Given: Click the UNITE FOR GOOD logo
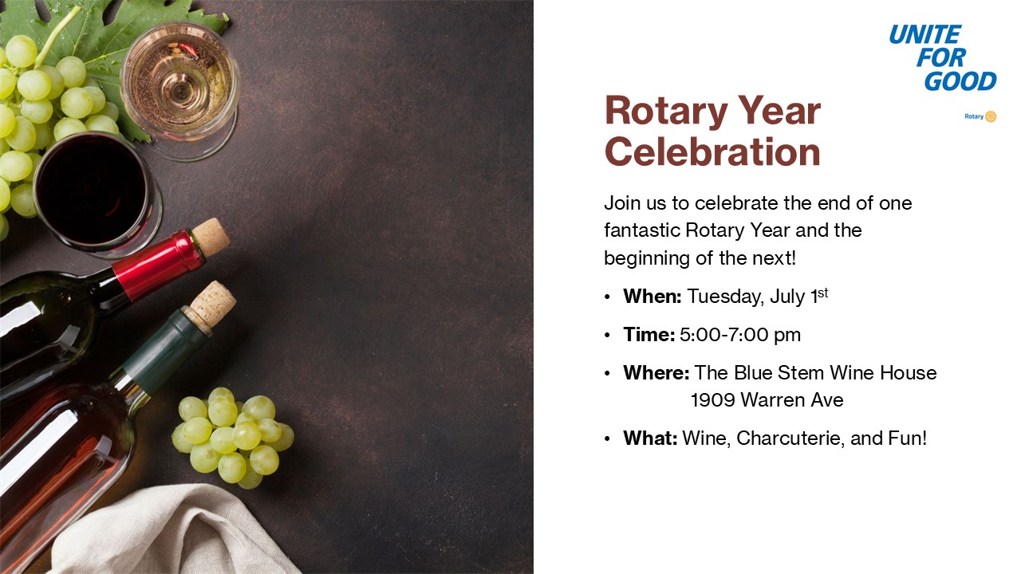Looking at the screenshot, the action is pyautogui.click(x=943, y=58).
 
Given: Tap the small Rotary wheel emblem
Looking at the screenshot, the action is pyautogui.click(x=991, y=116).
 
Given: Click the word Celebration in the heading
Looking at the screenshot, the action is pyautogui.click(x=712, y=151).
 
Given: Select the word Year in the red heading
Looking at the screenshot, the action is pyautogui.click(x=779, y=111).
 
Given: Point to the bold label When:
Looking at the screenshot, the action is pyautogui.click(x=652, y=297).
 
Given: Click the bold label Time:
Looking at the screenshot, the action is pyautogui.click(x=649, y=335).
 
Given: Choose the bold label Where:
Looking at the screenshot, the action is pyautogui.click(x=656, y=373).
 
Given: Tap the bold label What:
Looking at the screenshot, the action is pyautogui.click(x=650, y=438).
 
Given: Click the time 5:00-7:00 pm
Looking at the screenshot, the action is pyautogui.click(x=740, y=336).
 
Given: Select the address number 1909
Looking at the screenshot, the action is pyautogui.click(x=713, y=400).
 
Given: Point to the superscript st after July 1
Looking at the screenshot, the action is pyautogui.click(x=822, y=293).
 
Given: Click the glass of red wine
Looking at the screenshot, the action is pyautogui.click(x=97, y=195).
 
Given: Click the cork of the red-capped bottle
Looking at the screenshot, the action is pyautogui.click(x=211, y=237).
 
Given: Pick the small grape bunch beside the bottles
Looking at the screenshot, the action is pyautogui.click(x=232, y=438).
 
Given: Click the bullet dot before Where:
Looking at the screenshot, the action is pyautogui.click(x=607, y=374).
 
